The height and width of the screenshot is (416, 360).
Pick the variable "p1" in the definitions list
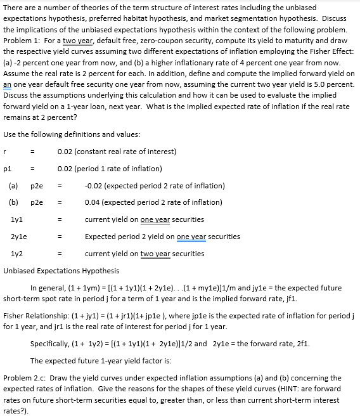click(7, 169)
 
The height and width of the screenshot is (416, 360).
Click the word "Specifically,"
click(50, 344)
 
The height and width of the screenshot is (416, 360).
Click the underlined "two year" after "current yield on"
click(161, 254)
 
